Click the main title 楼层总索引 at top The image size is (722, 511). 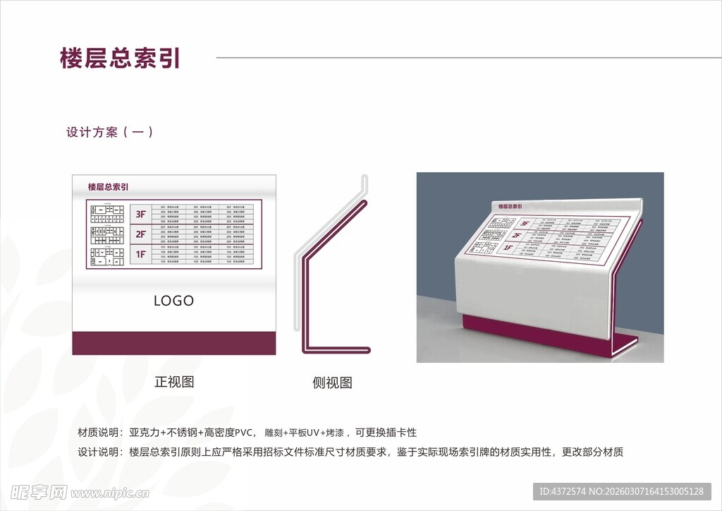point(121,59)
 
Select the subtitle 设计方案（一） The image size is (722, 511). point(110,132)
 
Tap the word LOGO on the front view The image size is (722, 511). point(173,301)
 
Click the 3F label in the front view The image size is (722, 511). point(141,214)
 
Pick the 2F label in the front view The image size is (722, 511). point(141,234)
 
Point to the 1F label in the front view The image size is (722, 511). point(141,253)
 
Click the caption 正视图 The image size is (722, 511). point(174,383)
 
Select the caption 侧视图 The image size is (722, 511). point(332,383)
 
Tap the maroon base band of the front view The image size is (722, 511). point(173,343)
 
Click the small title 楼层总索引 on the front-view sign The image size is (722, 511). point(108,187)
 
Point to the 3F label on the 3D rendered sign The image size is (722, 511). point(525,223)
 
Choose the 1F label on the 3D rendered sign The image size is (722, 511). point(508,248)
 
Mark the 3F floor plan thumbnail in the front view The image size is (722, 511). point(108,212)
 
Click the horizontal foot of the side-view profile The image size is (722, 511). point(337,349)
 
